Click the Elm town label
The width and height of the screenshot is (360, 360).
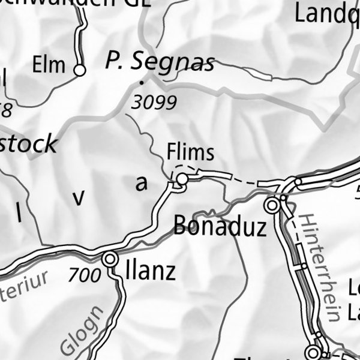pyautogui.click(x=49, y=65)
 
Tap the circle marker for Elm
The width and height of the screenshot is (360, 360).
pyautogui.click(x=79, y=71)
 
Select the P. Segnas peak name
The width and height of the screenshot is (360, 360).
pyautogui.click(x=160, y=61)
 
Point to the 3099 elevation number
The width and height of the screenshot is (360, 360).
pyautogui.click(x=154, y=103)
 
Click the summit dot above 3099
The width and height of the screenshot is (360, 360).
pyautogui.click(x=142, y=82)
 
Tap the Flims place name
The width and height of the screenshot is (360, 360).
pyautogui.click(x=190, y=153)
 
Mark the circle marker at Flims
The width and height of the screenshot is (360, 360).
pyautogui.click(x=181, y=179)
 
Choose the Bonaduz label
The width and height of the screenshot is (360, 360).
pyautogui.click(x=219, y=227)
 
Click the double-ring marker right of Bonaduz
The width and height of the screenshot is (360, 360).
pyautogui.click(x=274, y=205)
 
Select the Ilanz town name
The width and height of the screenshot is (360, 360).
pyautogui.click(x=150, y=271)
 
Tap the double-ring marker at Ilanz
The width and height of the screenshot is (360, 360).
pyautogui.click(x=110, y=260)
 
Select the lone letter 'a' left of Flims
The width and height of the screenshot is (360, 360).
pyautogui.click(x=141, y=184)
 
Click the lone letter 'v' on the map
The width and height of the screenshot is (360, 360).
pyautogui.click(x=78, y=198)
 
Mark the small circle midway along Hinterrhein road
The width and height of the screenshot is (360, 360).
pyautogui.click(x=304, y=265)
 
